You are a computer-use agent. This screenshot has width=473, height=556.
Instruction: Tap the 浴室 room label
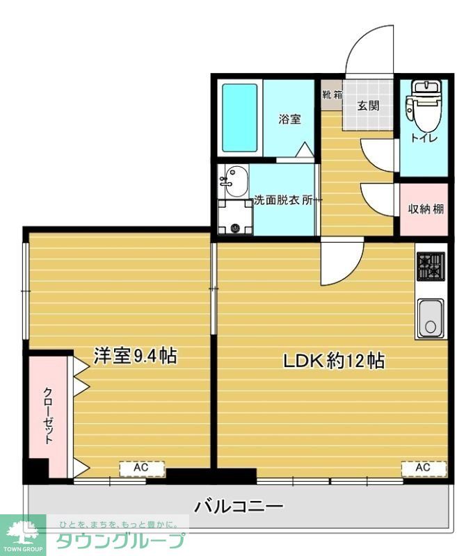(290, 119)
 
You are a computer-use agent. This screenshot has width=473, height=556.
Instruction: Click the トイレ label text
(424, 138)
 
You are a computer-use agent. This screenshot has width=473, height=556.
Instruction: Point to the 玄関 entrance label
(368, 106)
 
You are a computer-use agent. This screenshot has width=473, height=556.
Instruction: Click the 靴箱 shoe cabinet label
(332, 95)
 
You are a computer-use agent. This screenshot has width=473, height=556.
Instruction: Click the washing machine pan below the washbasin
(234, 218)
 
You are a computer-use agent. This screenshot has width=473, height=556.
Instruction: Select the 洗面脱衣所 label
(286, 200)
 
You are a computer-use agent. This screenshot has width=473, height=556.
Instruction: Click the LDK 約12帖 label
(333, 361)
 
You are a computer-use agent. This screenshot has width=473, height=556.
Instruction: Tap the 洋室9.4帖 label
(135, 356)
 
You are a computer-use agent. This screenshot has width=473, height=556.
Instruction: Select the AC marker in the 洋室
(141, 468)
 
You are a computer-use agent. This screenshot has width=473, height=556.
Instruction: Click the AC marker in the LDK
(423, 468)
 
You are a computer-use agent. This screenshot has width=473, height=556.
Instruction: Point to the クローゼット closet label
(49, 415)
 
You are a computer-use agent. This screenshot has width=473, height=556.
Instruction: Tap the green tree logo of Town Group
(22, 533)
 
